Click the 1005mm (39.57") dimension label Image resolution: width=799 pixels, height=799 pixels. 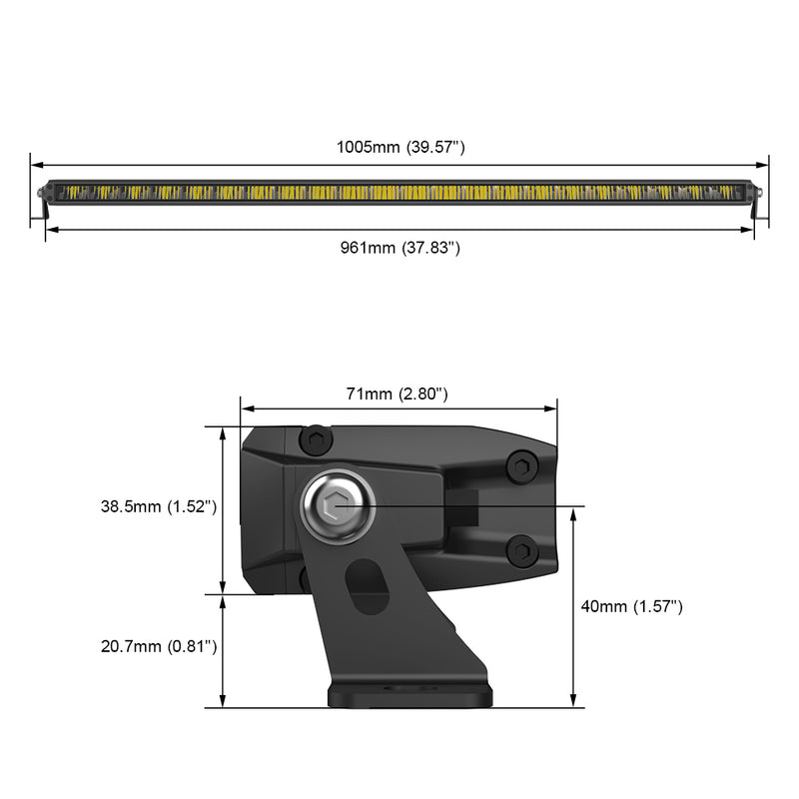[x=399, y=147]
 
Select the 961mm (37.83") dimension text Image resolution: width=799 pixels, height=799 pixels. [x=399, y=248]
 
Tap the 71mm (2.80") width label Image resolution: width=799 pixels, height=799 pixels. [x=397, y=394]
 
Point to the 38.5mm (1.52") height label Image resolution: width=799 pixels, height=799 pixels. [x=159, y=506]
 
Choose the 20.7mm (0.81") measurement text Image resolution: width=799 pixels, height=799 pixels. [x=159, y=646]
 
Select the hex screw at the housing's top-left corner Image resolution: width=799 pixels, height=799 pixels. [x=317, y=440]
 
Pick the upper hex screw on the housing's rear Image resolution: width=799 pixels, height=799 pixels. [x=520, y=465]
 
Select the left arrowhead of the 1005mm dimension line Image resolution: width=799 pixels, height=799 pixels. [x=36, y=165]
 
